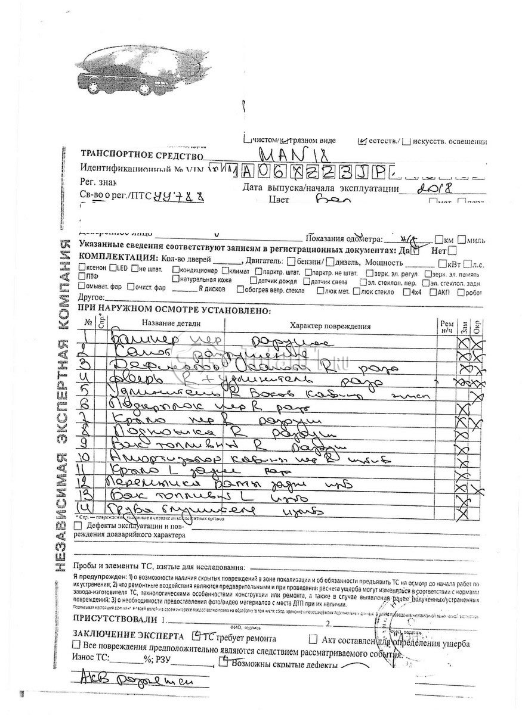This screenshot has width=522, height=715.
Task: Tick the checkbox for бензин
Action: point(290,262)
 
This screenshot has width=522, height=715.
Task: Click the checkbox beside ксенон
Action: point(82,268)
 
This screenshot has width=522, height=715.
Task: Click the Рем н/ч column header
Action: point(446,325)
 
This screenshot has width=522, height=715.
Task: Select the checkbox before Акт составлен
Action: point(313,639)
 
